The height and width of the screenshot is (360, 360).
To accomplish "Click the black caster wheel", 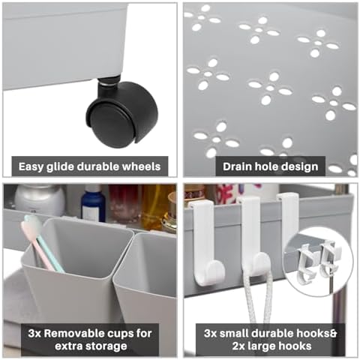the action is point(122,115).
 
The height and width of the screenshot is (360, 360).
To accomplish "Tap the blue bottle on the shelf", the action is point(93,203).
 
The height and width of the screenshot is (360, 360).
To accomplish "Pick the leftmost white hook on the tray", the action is point(205,241).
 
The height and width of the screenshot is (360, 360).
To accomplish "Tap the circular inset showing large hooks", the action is point(318,262).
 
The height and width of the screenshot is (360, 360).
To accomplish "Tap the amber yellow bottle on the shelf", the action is point(154,208).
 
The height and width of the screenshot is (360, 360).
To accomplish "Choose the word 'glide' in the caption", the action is point(60,167).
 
